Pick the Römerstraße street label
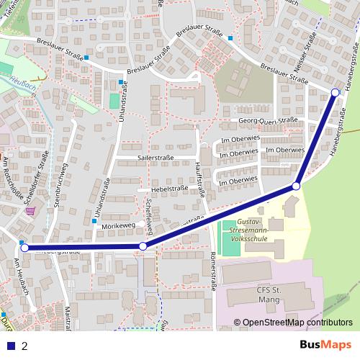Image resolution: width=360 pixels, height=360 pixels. click(x=213, y=273)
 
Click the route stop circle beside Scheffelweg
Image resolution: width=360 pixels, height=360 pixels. click(x=143, y=247)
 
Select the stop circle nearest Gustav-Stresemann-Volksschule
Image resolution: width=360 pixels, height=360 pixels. click(x=295, y=186)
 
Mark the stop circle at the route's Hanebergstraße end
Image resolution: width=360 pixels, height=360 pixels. click(x=336, y=92)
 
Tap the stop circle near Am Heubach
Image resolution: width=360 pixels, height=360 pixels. click(x=24, y=248)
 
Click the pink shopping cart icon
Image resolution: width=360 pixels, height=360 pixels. click(x=29, y=211)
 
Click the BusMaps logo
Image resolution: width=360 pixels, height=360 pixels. click(x=325, y=345)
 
